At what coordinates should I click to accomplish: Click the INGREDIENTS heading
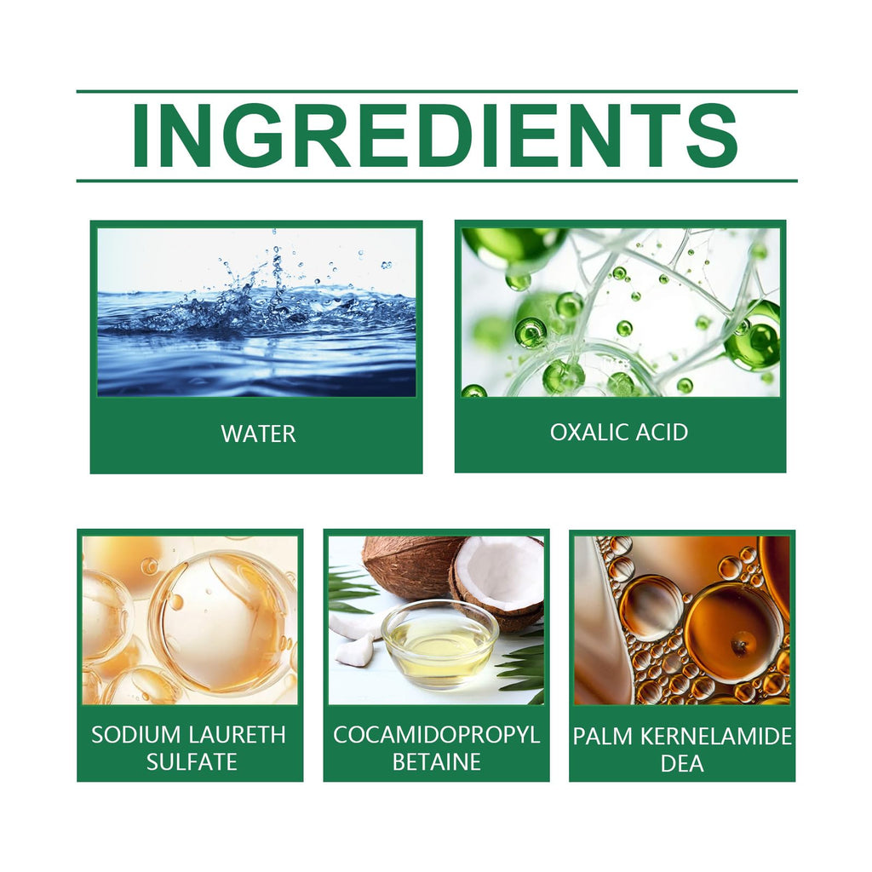click(x=435, y=135)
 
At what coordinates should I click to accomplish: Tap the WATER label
click(x=258, y=433)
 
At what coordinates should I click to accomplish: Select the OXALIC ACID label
click(x=619, y=432)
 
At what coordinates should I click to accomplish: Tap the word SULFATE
click(x=192, y=761)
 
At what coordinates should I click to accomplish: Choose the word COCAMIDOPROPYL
click(x=437, y=735)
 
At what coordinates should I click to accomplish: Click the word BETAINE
click(x=437, y=761)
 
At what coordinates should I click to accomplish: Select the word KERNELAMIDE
click(x=716, y=737)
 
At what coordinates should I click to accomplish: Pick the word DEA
click(x=682, y=763)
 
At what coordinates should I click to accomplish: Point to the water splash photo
click(x=256, y=312)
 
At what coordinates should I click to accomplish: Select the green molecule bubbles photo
click(x=621, y=312)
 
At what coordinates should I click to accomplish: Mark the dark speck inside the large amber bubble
click(x=739, y=646)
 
